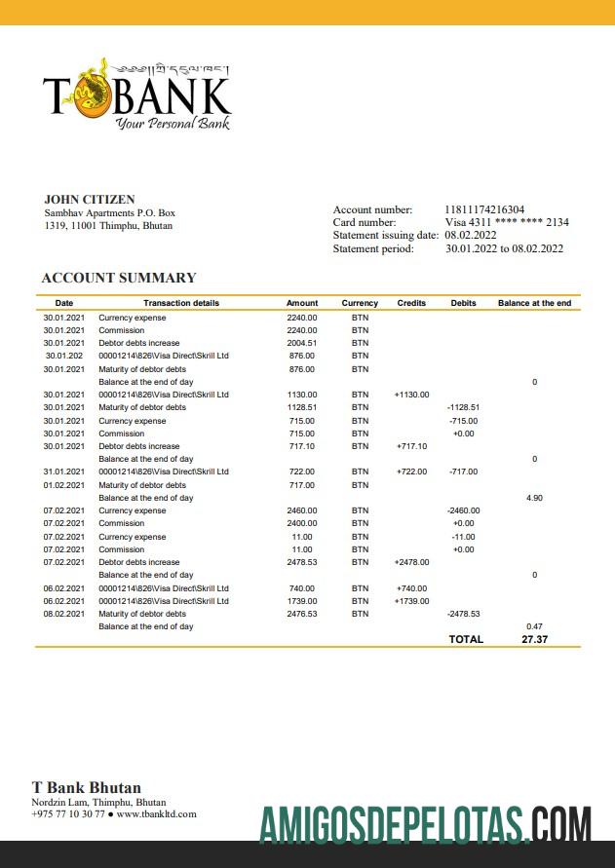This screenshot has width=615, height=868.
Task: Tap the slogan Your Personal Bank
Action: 172,124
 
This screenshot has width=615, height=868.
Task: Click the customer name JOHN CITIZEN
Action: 90,200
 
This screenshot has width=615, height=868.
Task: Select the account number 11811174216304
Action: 484,209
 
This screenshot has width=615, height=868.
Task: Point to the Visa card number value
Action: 507,222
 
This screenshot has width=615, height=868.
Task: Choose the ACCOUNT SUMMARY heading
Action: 119,278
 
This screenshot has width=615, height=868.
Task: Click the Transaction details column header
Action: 181,303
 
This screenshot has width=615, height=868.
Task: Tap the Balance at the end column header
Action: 534,303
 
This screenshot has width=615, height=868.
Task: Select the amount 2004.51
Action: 302,343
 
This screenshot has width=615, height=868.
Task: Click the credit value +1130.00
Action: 411,395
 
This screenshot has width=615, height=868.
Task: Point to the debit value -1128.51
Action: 463,407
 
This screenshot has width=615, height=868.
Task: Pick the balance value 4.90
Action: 534,498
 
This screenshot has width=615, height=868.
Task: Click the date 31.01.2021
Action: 64,472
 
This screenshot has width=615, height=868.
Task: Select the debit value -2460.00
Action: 463,510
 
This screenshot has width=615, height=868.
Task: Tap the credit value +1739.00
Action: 411,601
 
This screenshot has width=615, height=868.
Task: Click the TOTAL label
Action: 465,639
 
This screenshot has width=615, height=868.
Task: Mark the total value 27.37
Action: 534,639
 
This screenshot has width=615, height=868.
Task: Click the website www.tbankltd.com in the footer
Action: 156,813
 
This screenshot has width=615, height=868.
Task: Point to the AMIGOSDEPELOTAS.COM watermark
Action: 425,824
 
